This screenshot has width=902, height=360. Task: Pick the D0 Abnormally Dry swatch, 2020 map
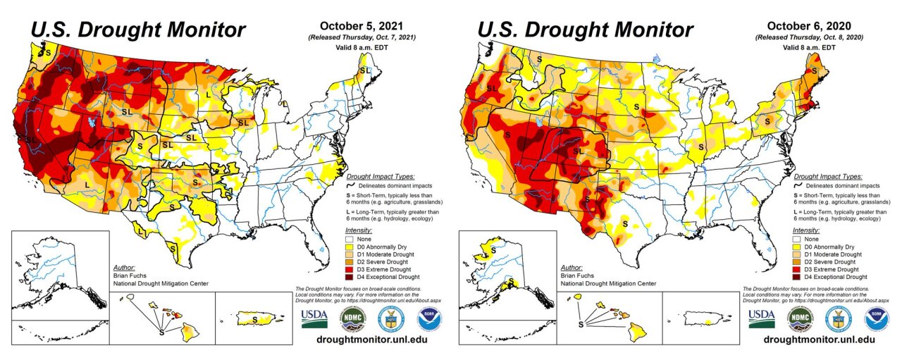799,247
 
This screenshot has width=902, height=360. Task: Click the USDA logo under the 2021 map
314,318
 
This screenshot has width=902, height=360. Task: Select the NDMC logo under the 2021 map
353,318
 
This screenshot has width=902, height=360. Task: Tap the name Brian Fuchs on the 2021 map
128,276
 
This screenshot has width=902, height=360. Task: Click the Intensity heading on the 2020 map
807,230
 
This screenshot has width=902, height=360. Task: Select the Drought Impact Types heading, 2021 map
381,176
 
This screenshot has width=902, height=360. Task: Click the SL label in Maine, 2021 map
364,70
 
